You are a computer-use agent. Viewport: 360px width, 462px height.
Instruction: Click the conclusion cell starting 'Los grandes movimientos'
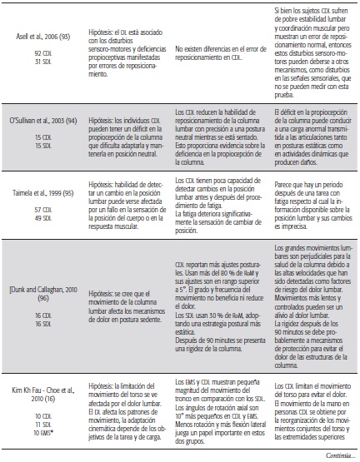(313, 291)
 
